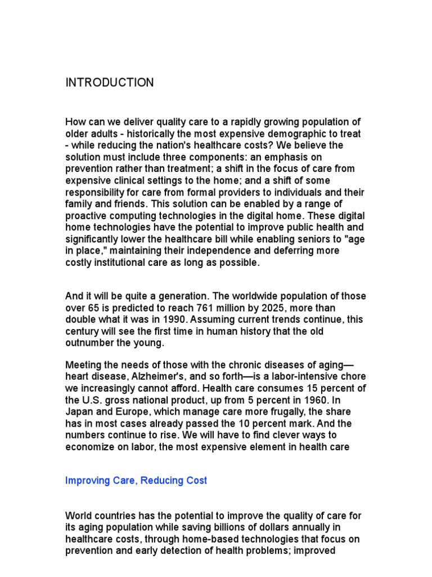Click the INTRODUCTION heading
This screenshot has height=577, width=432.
(110, 83)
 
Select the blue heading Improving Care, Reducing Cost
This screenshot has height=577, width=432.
(136, 481)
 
